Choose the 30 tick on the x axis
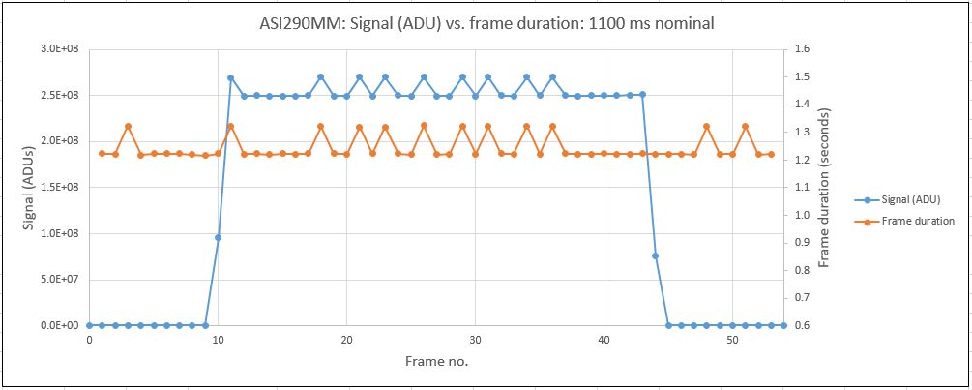pos(475,341)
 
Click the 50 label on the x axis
pos(732,341)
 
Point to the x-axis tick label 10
pos(218,341)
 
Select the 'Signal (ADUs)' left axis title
pos(29,186)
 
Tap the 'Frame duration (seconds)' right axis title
pos(825,188)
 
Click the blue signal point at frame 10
pos(218,237)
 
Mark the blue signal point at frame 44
pos(655,255)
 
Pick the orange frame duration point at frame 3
pos(128,126)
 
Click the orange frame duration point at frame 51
pos(745,126)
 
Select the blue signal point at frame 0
pos(89,325)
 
